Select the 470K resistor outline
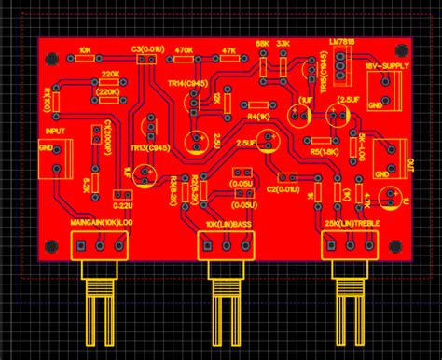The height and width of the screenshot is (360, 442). point(185,62)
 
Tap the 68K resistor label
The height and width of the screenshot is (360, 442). point(263,43)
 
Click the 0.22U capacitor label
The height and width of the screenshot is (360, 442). point(122,204)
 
